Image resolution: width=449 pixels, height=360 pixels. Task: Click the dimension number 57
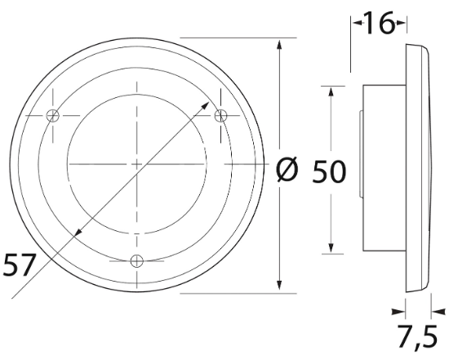[x=20, y=264]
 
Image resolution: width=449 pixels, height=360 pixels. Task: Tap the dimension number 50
[x=329, y=171]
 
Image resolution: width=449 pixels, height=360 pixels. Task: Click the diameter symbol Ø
[x=287, y=171]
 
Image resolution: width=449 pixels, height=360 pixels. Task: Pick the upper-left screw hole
[x=52, y=115]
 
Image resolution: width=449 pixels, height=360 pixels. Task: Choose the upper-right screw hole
[x=220, y=115]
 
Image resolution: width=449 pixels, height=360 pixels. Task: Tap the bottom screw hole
[x=137, y=260]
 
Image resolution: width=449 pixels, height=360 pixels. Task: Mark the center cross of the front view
[x=137, y=164]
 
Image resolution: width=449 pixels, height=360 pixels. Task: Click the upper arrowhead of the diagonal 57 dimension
[x=205, y=105]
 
